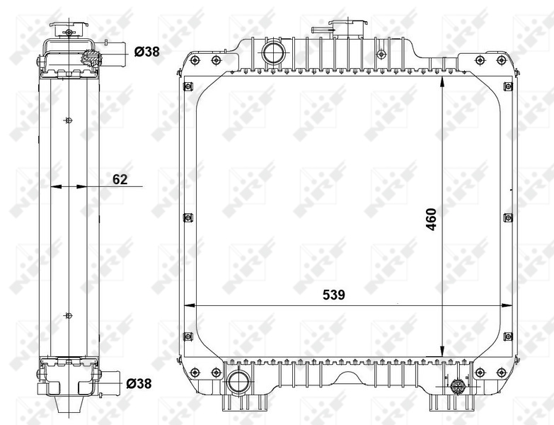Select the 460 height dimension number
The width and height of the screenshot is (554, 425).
431,221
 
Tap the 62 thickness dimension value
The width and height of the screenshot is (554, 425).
120,179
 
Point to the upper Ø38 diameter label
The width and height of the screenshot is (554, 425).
146,51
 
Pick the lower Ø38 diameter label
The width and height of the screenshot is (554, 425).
139,383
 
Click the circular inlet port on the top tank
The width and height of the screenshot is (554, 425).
272,52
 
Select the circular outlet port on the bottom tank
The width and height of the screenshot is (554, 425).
236,382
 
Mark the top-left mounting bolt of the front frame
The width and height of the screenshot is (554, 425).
188,87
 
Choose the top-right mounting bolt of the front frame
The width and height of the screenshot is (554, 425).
507,86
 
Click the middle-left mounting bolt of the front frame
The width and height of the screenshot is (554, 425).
188,217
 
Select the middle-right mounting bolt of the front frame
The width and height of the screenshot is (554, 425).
507,217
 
